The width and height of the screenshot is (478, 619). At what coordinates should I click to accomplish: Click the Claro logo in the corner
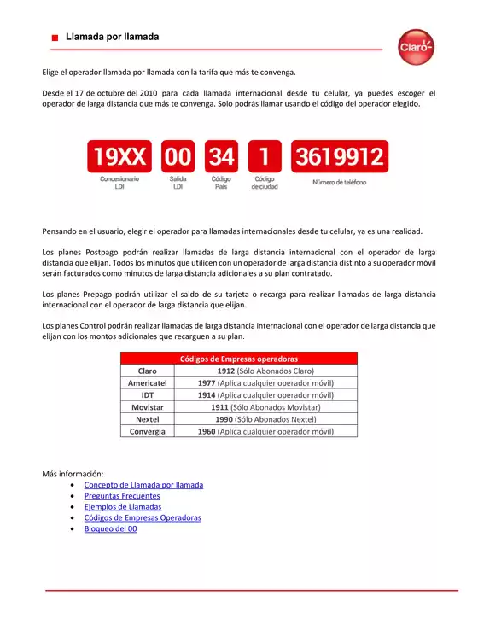coord(417,46)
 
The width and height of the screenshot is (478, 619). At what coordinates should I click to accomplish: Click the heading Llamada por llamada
coord(112,38)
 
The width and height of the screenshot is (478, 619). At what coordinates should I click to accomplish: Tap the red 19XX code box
coord(119,157)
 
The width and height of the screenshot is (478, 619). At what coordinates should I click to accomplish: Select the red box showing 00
coord(178,157)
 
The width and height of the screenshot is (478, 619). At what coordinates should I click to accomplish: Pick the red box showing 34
coord(221,157)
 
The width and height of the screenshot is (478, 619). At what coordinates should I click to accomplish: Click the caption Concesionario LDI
coord(119,183)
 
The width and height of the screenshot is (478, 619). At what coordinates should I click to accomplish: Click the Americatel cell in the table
coord(147,383)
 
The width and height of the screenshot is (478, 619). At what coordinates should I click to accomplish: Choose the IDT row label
coord(147,395)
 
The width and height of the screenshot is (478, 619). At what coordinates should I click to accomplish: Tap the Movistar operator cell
coord(147,408)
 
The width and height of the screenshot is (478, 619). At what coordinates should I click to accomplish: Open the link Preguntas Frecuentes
coord(122,496)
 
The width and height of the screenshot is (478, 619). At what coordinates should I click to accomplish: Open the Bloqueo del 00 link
coord(110,529)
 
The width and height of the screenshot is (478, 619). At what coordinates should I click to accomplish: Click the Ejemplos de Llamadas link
coord(123,507)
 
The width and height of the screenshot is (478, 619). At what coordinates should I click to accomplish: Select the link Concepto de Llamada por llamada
coord(143,485)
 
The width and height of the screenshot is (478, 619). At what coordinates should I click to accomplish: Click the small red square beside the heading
coord(54,38)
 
